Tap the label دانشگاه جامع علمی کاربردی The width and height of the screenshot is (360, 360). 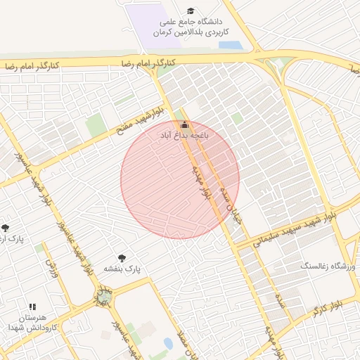click(x=198, y=27)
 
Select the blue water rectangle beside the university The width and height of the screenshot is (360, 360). click(x=229, y=44)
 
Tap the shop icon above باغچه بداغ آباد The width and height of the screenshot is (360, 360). click(x=185, y=124)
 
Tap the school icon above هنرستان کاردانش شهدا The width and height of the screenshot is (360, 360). click(x=32, y=307)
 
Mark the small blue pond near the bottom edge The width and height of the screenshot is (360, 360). click(x=169, y=344)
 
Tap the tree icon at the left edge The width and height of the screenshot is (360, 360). click(x=6, y=228)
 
